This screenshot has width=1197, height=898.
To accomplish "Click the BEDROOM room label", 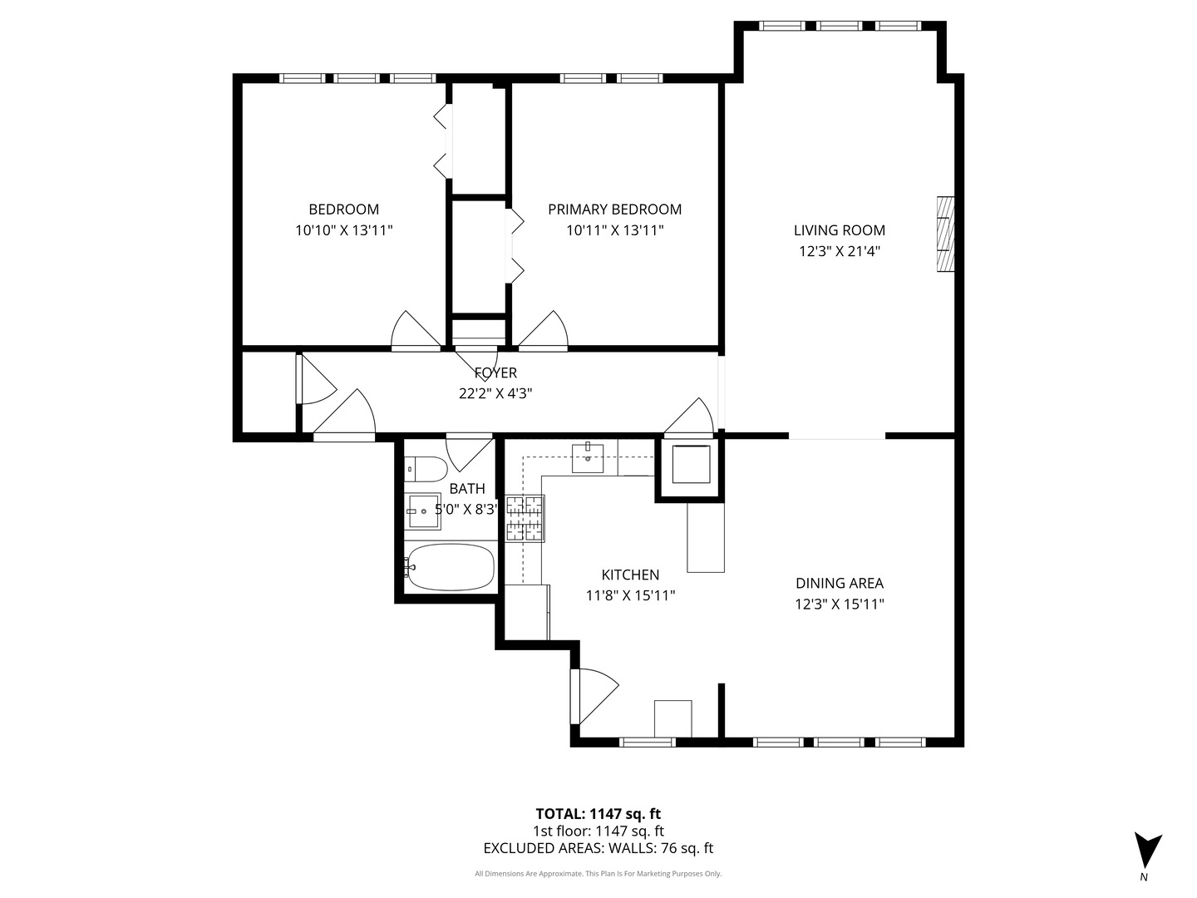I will (343, 210).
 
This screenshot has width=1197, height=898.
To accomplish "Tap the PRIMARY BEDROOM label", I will (614, 210).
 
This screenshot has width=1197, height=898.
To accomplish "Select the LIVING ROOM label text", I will (839, 230).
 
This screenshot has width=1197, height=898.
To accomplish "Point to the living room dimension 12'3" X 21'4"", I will (839, 251).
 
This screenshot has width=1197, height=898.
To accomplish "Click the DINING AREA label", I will (839, 584).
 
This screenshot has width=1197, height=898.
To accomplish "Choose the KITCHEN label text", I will (630, 575).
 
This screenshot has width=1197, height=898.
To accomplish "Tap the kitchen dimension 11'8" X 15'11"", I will (630, 595).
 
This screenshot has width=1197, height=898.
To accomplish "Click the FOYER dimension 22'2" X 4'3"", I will (495, 394).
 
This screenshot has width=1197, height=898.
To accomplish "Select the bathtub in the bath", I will (450, 567).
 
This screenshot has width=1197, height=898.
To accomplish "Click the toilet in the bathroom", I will (425, 470).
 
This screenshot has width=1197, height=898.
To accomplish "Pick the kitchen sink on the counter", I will (588, 457).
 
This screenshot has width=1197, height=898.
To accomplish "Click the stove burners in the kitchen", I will (525, 518).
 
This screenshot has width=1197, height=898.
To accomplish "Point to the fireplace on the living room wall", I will (945, 234).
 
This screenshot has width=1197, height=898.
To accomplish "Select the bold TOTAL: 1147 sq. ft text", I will (598, 814).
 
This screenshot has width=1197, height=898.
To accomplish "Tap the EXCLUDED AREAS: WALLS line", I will (598, 848).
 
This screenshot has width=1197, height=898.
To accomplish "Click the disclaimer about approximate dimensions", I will (598, 874).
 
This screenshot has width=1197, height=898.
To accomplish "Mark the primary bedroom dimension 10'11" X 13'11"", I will (614, 230).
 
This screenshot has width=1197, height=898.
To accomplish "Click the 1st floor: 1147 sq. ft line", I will (598, 831).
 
